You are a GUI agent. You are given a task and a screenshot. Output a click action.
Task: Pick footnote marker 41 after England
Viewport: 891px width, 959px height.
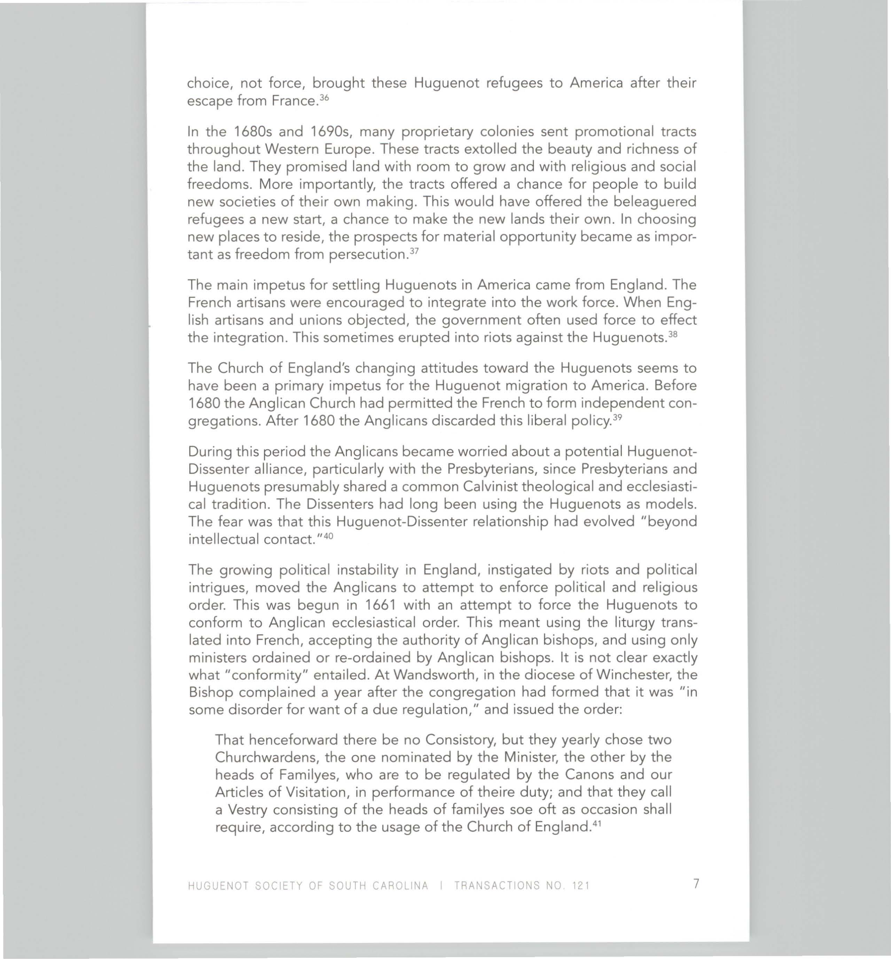point(597,824)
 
